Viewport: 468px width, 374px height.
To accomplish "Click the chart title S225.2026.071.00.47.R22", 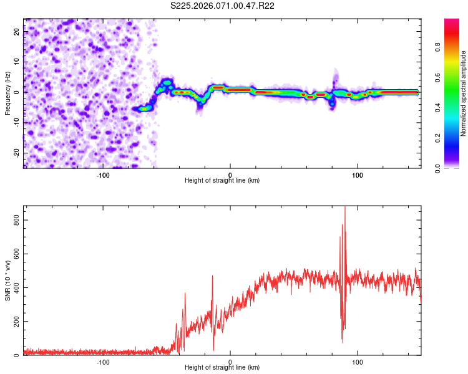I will pyautogui.click(x=223, y=6).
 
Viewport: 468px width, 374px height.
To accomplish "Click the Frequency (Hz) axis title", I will pyautogui.click(x=7, y=93).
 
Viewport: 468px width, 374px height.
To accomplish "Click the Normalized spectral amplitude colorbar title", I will pyautogui.click(x=464, y=93).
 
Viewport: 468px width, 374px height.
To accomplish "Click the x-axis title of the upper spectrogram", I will pyautogui.click(x=222, y=180).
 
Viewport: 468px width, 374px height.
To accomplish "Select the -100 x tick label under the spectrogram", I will pyautogui.click(x=103, y=175).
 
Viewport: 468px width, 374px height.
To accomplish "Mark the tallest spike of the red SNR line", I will pyautogui.click(x=345, y=207).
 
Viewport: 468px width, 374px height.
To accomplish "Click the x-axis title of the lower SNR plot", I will pyautogui.click(x=222, y=367).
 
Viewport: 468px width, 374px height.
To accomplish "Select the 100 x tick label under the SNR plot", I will pyautogui.click(x=358, y=362).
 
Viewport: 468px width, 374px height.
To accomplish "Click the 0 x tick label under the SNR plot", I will pyautogui.click(x=230, y=362).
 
